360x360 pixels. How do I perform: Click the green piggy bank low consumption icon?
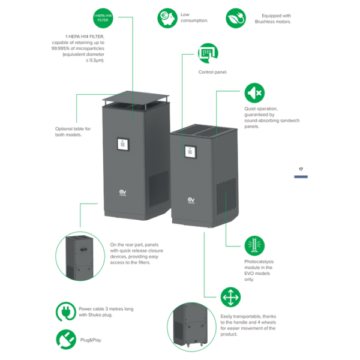[x=167, y=18]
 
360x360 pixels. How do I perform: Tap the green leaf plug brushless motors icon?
[x=235, y=18]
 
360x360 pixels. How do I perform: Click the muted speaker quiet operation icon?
[x=254, y=93]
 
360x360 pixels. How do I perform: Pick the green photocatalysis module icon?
[x=254, y=246]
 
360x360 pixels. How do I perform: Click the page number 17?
[x=301, y=170]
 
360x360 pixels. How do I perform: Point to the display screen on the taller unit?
[x=122, y=144]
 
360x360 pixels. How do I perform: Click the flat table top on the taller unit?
[x=133, y=98]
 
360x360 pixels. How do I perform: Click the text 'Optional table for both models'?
[x=73, y=131]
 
